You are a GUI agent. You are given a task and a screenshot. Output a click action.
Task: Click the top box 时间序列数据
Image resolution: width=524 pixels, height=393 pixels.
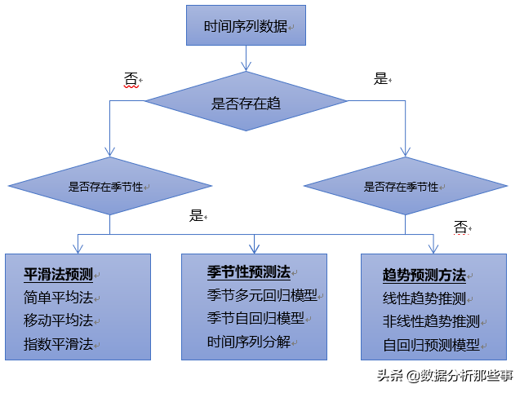click(246, 25)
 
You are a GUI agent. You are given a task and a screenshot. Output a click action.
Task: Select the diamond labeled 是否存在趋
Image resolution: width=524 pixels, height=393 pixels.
click(246, 101)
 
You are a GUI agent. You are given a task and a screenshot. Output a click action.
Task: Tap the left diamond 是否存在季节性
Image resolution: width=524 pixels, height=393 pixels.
click(110, 186)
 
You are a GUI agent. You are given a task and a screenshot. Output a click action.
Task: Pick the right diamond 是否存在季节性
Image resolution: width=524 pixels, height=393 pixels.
click(406, 186)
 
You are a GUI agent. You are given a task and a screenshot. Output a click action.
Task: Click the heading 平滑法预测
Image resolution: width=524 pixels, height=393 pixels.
click(58, 275)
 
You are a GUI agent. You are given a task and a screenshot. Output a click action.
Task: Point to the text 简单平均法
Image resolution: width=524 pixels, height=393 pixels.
click(58, 297)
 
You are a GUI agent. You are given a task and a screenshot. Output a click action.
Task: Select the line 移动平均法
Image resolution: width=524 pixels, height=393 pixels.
click(58, 320)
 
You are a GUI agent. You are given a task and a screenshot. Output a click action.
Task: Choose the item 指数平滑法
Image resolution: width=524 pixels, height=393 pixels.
click(58, 344)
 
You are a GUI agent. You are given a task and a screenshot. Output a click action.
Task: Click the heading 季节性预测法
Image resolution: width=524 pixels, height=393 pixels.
click(249, 272)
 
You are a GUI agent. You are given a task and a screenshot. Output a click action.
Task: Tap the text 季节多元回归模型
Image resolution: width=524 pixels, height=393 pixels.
click(262, 295)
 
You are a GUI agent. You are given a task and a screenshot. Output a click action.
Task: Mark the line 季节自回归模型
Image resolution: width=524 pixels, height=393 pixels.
click(255, 318)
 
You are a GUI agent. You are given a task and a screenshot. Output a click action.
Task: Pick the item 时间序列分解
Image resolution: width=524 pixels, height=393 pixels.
click(249, 342)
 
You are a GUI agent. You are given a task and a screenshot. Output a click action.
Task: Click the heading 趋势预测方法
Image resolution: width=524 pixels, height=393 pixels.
click(424, 276)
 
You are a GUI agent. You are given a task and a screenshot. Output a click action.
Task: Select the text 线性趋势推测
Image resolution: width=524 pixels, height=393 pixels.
click(424, 298)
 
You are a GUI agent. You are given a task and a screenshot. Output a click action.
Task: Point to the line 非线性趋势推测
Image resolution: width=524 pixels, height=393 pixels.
click(431, 321)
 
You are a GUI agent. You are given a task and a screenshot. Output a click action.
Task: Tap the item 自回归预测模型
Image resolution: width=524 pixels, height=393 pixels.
click(431, 345)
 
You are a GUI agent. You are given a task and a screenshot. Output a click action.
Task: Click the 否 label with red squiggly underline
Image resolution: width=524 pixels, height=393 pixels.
click(131, 79)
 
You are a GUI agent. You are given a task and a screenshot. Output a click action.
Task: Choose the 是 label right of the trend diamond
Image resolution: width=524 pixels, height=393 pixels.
click(380, 79)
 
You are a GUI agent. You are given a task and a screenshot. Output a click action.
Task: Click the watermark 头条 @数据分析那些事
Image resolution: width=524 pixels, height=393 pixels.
click(445, 376)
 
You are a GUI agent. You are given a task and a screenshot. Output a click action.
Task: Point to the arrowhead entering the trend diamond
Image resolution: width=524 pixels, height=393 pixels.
click(246, 66)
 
